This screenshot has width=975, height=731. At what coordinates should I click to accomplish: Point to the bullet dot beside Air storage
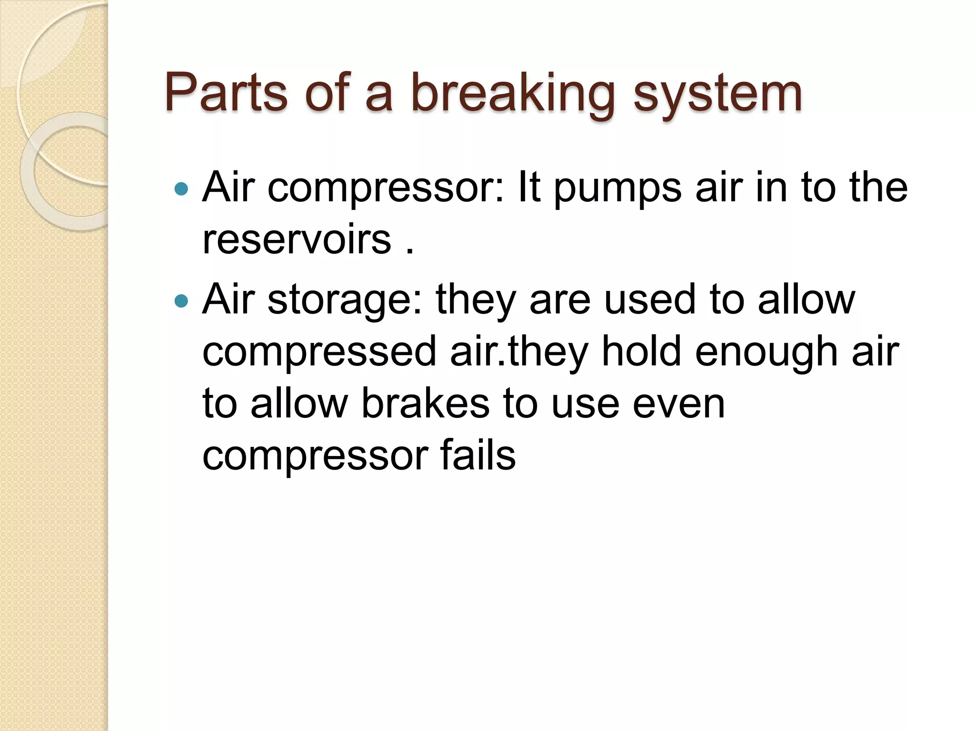[x=181, y=301]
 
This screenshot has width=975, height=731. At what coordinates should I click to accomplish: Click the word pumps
[x=617, y=189]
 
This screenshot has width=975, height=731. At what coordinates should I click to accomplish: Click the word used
[x=650, y=300]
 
